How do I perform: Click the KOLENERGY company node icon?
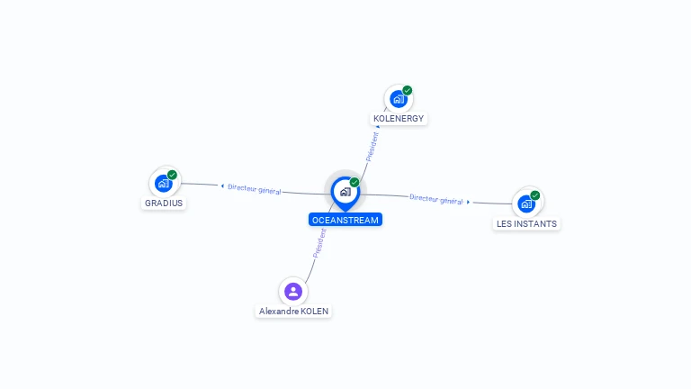point(398,99)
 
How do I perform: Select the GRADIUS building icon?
point(163,183)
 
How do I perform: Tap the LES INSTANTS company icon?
point(526,204)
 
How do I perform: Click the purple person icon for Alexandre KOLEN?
point(292,291)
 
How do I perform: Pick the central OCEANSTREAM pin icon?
point(345,192)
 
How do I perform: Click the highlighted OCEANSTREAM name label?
point(345,220)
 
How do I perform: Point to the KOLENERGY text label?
point(399,119)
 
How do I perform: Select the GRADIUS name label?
point(164,204)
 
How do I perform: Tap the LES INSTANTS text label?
point(526,224)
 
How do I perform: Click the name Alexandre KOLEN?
point(294,312)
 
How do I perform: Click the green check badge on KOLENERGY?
point(408,90)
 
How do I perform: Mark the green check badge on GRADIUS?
point(173,175)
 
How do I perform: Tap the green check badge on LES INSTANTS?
point(535,195)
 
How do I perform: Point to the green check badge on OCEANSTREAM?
point(354,183)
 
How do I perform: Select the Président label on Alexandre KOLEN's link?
point(319,243)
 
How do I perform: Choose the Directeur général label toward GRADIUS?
point(255,189)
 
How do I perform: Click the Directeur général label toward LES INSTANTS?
point(436,199)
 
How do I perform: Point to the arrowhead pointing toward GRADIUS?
point(222,186)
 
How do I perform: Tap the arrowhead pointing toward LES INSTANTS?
point(469,202)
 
